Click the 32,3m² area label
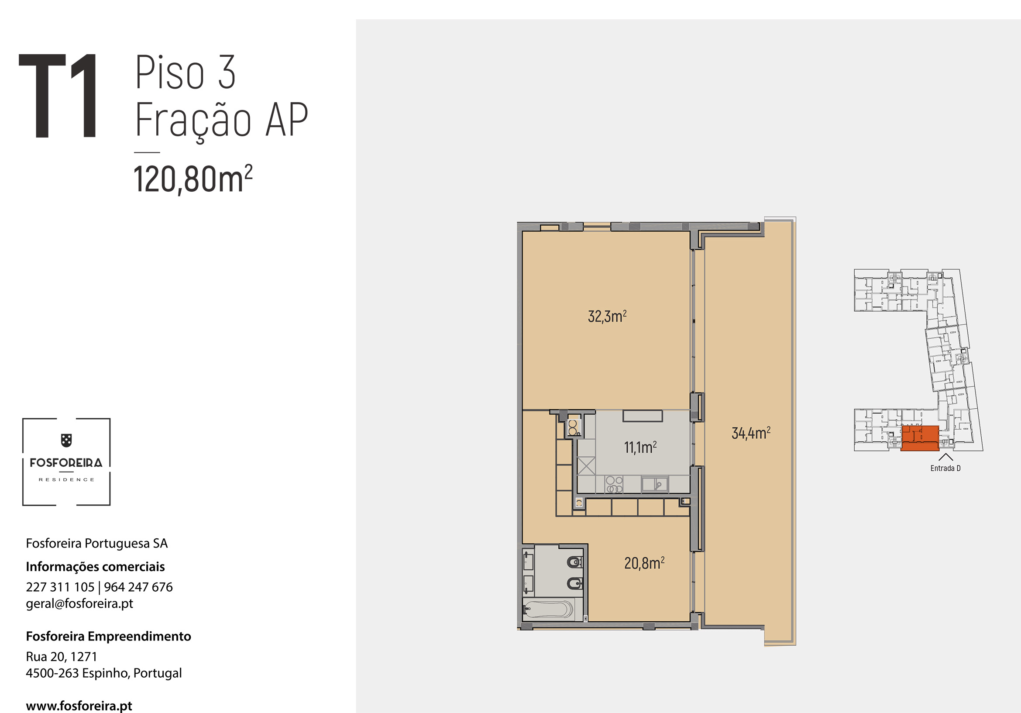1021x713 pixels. tap(607, 316)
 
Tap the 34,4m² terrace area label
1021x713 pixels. tap(751, 433)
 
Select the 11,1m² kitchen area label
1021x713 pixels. tap(640, 447)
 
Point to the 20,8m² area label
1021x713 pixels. tap(644, 563)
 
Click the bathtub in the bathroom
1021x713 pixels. tap(548, 610)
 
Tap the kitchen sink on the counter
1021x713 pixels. tap(655, 484)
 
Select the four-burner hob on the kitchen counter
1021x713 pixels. tap(614, 484)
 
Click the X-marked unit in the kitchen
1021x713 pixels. tap(586, 466)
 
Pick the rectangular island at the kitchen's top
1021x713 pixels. tap(643, 416)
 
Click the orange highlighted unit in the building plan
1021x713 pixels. tap(920, 438)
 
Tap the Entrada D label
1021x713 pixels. tap(945, 468)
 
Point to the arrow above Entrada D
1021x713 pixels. tap(945, 457)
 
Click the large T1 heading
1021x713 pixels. tap(58, 96)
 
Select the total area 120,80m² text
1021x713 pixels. tap(193, 179)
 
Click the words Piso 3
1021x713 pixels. tap(185, 72)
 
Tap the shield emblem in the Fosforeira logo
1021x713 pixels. tap(66, 441)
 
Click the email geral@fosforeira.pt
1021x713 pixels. tap(79, 603)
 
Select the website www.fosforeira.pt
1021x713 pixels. tap(79, 706)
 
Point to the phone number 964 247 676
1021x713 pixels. tap(138, 587)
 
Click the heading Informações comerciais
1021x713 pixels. tap(95, 566)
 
